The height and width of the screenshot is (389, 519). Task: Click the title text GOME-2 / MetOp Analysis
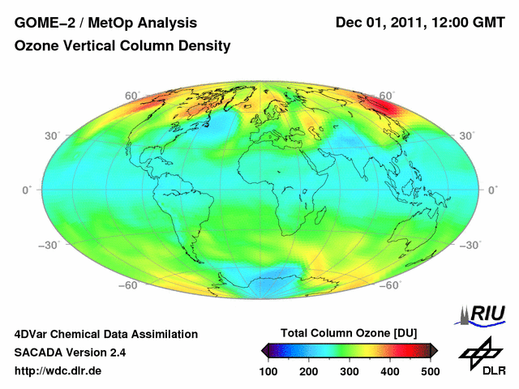106,21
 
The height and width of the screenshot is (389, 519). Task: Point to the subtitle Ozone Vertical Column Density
122,46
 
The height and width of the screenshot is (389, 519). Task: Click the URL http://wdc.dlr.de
58,371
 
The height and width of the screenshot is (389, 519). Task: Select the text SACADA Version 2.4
70,353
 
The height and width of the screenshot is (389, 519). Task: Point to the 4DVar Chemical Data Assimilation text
106,334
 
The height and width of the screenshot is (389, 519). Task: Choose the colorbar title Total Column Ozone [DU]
349,333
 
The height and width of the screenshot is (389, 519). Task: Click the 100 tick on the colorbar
268,370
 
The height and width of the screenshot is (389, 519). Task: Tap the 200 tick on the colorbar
309,370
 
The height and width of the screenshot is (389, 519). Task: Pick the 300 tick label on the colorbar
350,370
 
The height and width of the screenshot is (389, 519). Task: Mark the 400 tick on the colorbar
390,370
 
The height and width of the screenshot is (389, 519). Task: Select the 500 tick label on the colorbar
430,370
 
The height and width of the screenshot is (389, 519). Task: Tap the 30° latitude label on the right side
466,135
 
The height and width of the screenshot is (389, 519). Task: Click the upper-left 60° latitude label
131,96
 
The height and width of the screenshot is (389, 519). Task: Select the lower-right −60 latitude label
392,285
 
